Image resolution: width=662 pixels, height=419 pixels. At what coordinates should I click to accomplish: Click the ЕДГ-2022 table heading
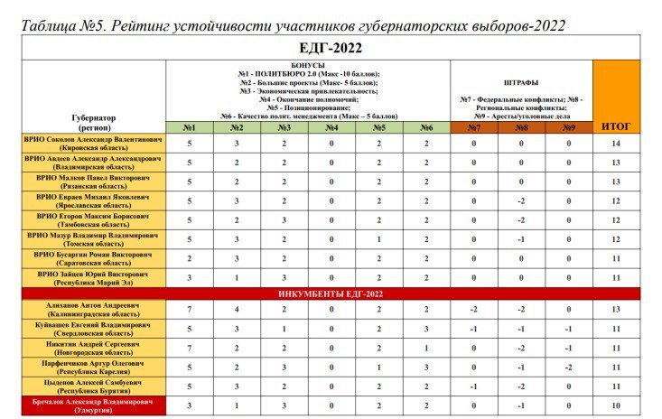pos(331,47)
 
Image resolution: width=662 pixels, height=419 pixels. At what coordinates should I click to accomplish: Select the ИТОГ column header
pos(616,126)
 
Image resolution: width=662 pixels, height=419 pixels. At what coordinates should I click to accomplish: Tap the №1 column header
pos(190,127)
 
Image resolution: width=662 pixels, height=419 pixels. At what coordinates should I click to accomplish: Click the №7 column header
pos(473,127)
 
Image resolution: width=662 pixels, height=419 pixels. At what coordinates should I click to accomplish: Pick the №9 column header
pos(569,127)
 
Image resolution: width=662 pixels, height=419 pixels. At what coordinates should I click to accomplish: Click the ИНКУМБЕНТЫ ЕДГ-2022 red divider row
pos(331,293)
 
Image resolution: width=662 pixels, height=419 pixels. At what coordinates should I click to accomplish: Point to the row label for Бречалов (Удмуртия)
pos(94,406)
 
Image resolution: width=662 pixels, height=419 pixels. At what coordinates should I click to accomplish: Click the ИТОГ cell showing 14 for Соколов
pos(616,144)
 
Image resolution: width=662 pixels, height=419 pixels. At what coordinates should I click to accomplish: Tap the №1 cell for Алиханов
pos(190,311)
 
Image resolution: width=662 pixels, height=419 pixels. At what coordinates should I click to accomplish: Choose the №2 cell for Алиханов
pos(237,311)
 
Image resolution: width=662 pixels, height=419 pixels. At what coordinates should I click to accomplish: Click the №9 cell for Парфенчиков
pos(569,368)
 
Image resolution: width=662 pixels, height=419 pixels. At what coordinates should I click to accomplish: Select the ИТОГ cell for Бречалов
pos(616,406)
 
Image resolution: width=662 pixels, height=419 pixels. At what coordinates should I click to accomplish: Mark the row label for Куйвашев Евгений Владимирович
pos(94,330)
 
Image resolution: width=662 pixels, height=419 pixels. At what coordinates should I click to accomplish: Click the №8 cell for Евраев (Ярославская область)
pos(521,201)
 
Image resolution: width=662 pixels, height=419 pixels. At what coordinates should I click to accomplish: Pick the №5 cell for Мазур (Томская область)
pos(378,239)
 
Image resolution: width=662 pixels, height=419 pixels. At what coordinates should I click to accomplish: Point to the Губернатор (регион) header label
pos(94,122)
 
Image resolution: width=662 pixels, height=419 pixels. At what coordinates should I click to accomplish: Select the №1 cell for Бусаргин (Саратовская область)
pos(190,258)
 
